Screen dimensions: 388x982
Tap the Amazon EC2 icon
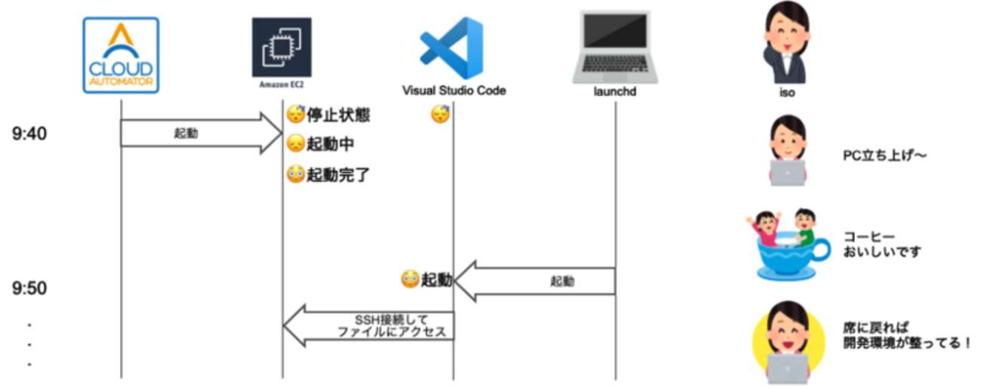click(282, 49)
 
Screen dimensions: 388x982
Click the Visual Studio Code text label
click(453, 91)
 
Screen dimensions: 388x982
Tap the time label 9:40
click(30, 134)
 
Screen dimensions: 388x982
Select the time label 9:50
click(30, 288)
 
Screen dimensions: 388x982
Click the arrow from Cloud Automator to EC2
click(200, 133)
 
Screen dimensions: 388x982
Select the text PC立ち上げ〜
click(885, 156)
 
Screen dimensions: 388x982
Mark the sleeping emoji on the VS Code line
click(440, 115)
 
